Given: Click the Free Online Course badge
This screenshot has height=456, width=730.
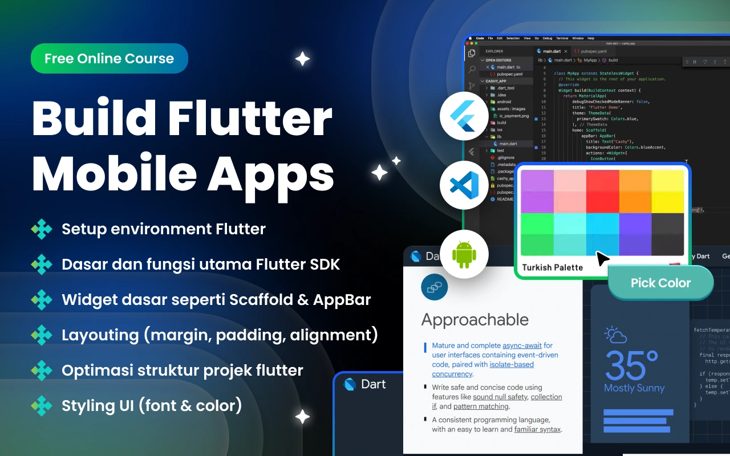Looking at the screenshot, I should point(109,59).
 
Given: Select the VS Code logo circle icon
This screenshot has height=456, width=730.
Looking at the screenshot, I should point(464,185).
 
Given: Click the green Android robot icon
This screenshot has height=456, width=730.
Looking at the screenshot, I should point(464,254).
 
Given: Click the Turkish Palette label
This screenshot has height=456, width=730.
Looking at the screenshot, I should point(552,267).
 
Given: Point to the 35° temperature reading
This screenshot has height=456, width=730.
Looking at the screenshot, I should point(632,365).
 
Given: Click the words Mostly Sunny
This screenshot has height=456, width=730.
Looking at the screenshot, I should point(634,388).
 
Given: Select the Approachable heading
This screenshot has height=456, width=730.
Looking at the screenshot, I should point(474,320).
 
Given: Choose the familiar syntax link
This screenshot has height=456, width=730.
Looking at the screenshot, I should point(537,429).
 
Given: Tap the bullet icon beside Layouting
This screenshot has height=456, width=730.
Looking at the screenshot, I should point(42,335).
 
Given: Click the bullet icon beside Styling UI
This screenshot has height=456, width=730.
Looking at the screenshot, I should point(42,406).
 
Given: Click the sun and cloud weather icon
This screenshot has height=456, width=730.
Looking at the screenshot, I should point(615,335).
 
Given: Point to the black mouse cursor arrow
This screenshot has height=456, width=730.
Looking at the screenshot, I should point(602,259).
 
